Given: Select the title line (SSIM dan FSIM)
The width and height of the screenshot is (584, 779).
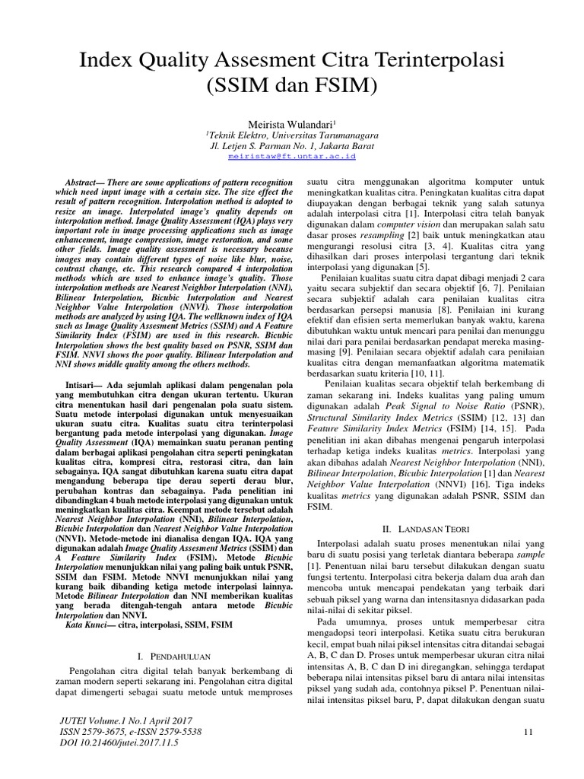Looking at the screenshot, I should [291, 86].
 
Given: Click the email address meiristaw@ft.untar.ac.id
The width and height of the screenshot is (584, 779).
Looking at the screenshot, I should [291, 155].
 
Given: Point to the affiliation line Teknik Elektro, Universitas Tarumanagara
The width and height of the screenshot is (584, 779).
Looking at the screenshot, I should [291, 132].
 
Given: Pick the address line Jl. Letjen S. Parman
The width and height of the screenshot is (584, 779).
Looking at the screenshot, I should [291, 144].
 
